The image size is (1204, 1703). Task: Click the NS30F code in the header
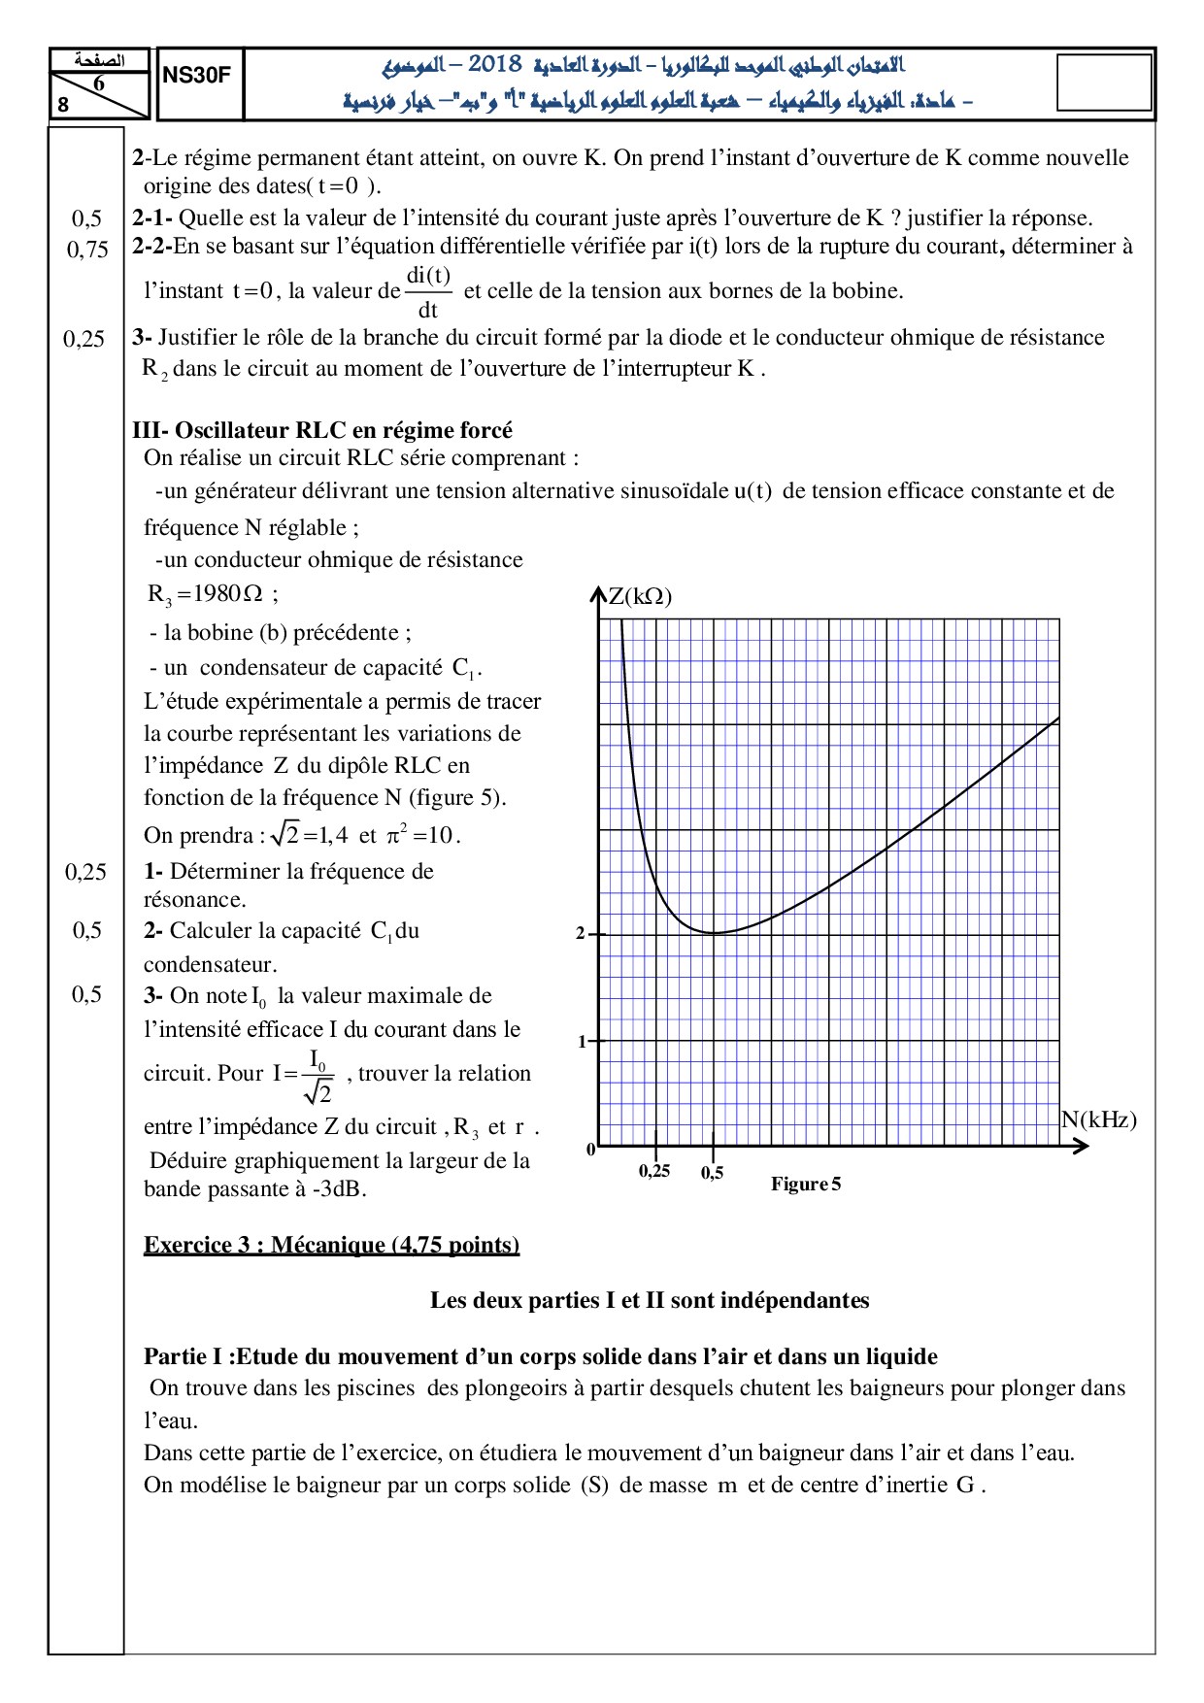tap(197, 76)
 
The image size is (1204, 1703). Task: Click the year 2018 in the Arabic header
tap(494, 65)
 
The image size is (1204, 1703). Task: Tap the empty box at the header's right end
tap(1103, 83)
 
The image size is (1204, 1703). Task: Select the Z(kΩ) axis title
tap(641, 596)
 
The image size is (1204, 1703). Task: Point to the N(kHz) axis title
tap(1098, 1120)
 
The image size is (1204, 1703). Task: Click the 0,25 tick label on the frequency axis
tap(654, 1171)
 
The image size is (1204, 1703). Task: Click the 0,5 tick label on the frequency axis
tap(713, 1173)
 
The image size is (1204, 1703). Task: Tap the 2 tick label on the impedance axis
tap(581, 934)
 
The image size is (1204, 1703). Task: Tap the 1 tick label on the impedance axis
tap(583, 1042)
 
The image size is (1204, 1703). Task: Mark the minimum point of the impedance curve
tap(714, 933)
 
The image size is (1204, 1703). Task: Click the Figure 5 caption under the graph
tap(806, 1185)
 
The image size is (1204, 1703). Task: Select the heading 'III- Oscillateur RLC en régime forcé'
tap(322, 430)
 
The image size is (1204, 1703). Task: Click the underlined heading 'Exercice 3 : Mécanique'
tap(331, 1245)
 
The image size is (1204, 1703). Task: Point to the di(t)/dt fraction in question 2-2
tap(427, 292)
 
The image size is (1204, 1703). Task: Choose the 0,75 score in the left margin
tap(87, 250)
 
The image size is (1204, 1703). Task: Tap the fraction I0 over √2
tap(318, 1075)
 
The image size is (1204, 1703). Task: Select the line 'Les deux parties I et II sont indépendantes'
tap(650, 1300)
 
